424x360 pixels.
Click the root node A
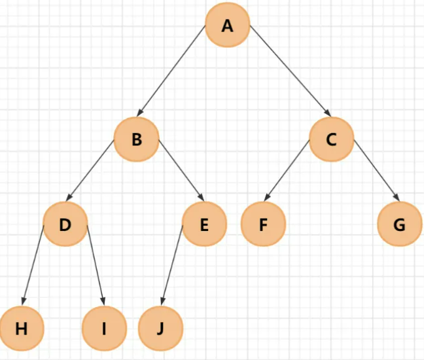pos(227,26)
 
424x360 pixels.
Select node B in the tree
pos(136,139)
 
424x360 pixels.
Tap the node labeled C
pos(331,139)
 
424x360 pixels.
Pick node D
pos(65,225)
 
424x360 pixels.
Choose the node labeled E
pos(204,225)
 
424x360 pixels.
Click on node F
pos(263,225)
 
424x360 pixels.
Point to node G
pos(400,225)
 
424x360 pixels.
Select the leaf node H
pos(22,328)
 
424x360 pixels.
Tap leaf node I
pos(104,328)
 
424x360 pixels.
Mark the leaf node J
pos(160,328)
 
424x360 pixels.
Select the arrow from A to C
pos(290,72)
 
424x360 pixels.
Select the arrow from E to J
pos(171,264)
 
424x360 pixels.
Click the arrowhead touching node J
pos(163,300)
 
